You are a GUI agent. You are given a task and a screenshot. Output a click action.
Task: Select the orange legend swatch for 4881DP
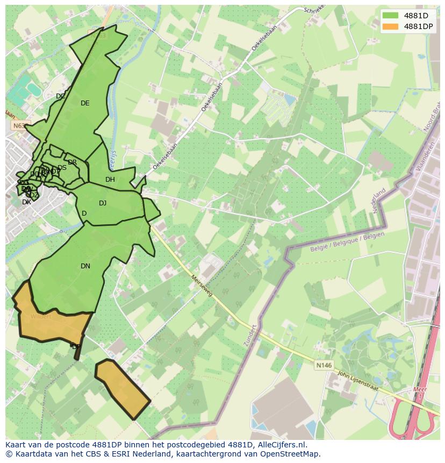click(391, 26)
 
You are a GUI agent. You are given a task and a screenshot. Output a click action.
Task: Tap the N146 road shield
click(324, 365)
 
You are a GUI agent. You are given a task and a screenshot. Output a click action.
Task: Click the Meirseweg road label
click(202, 285)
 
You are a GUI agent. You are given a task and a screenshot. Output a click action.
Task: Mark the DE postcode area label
click(85, 103)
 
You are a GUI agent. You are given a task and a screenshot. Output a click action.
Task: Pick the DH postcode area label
click(110, 180)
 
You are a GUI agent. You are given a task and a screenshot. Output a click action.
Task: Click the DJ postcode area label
click(103, 203)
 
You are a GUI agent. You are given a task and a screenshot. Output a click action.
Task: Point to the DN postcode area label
click(85, 266)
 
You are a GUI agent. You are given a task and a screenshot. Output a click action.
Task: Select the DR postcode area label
click(72, 162)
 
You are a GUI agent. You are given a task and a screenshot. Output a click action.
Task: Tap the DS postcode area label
click(62, 168)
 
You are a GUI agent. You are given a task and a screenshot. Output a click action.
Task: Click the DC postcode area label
click(61, 96)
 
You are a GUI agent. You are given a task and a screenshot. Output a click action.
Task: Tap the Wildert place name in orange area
click(41, 316)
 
